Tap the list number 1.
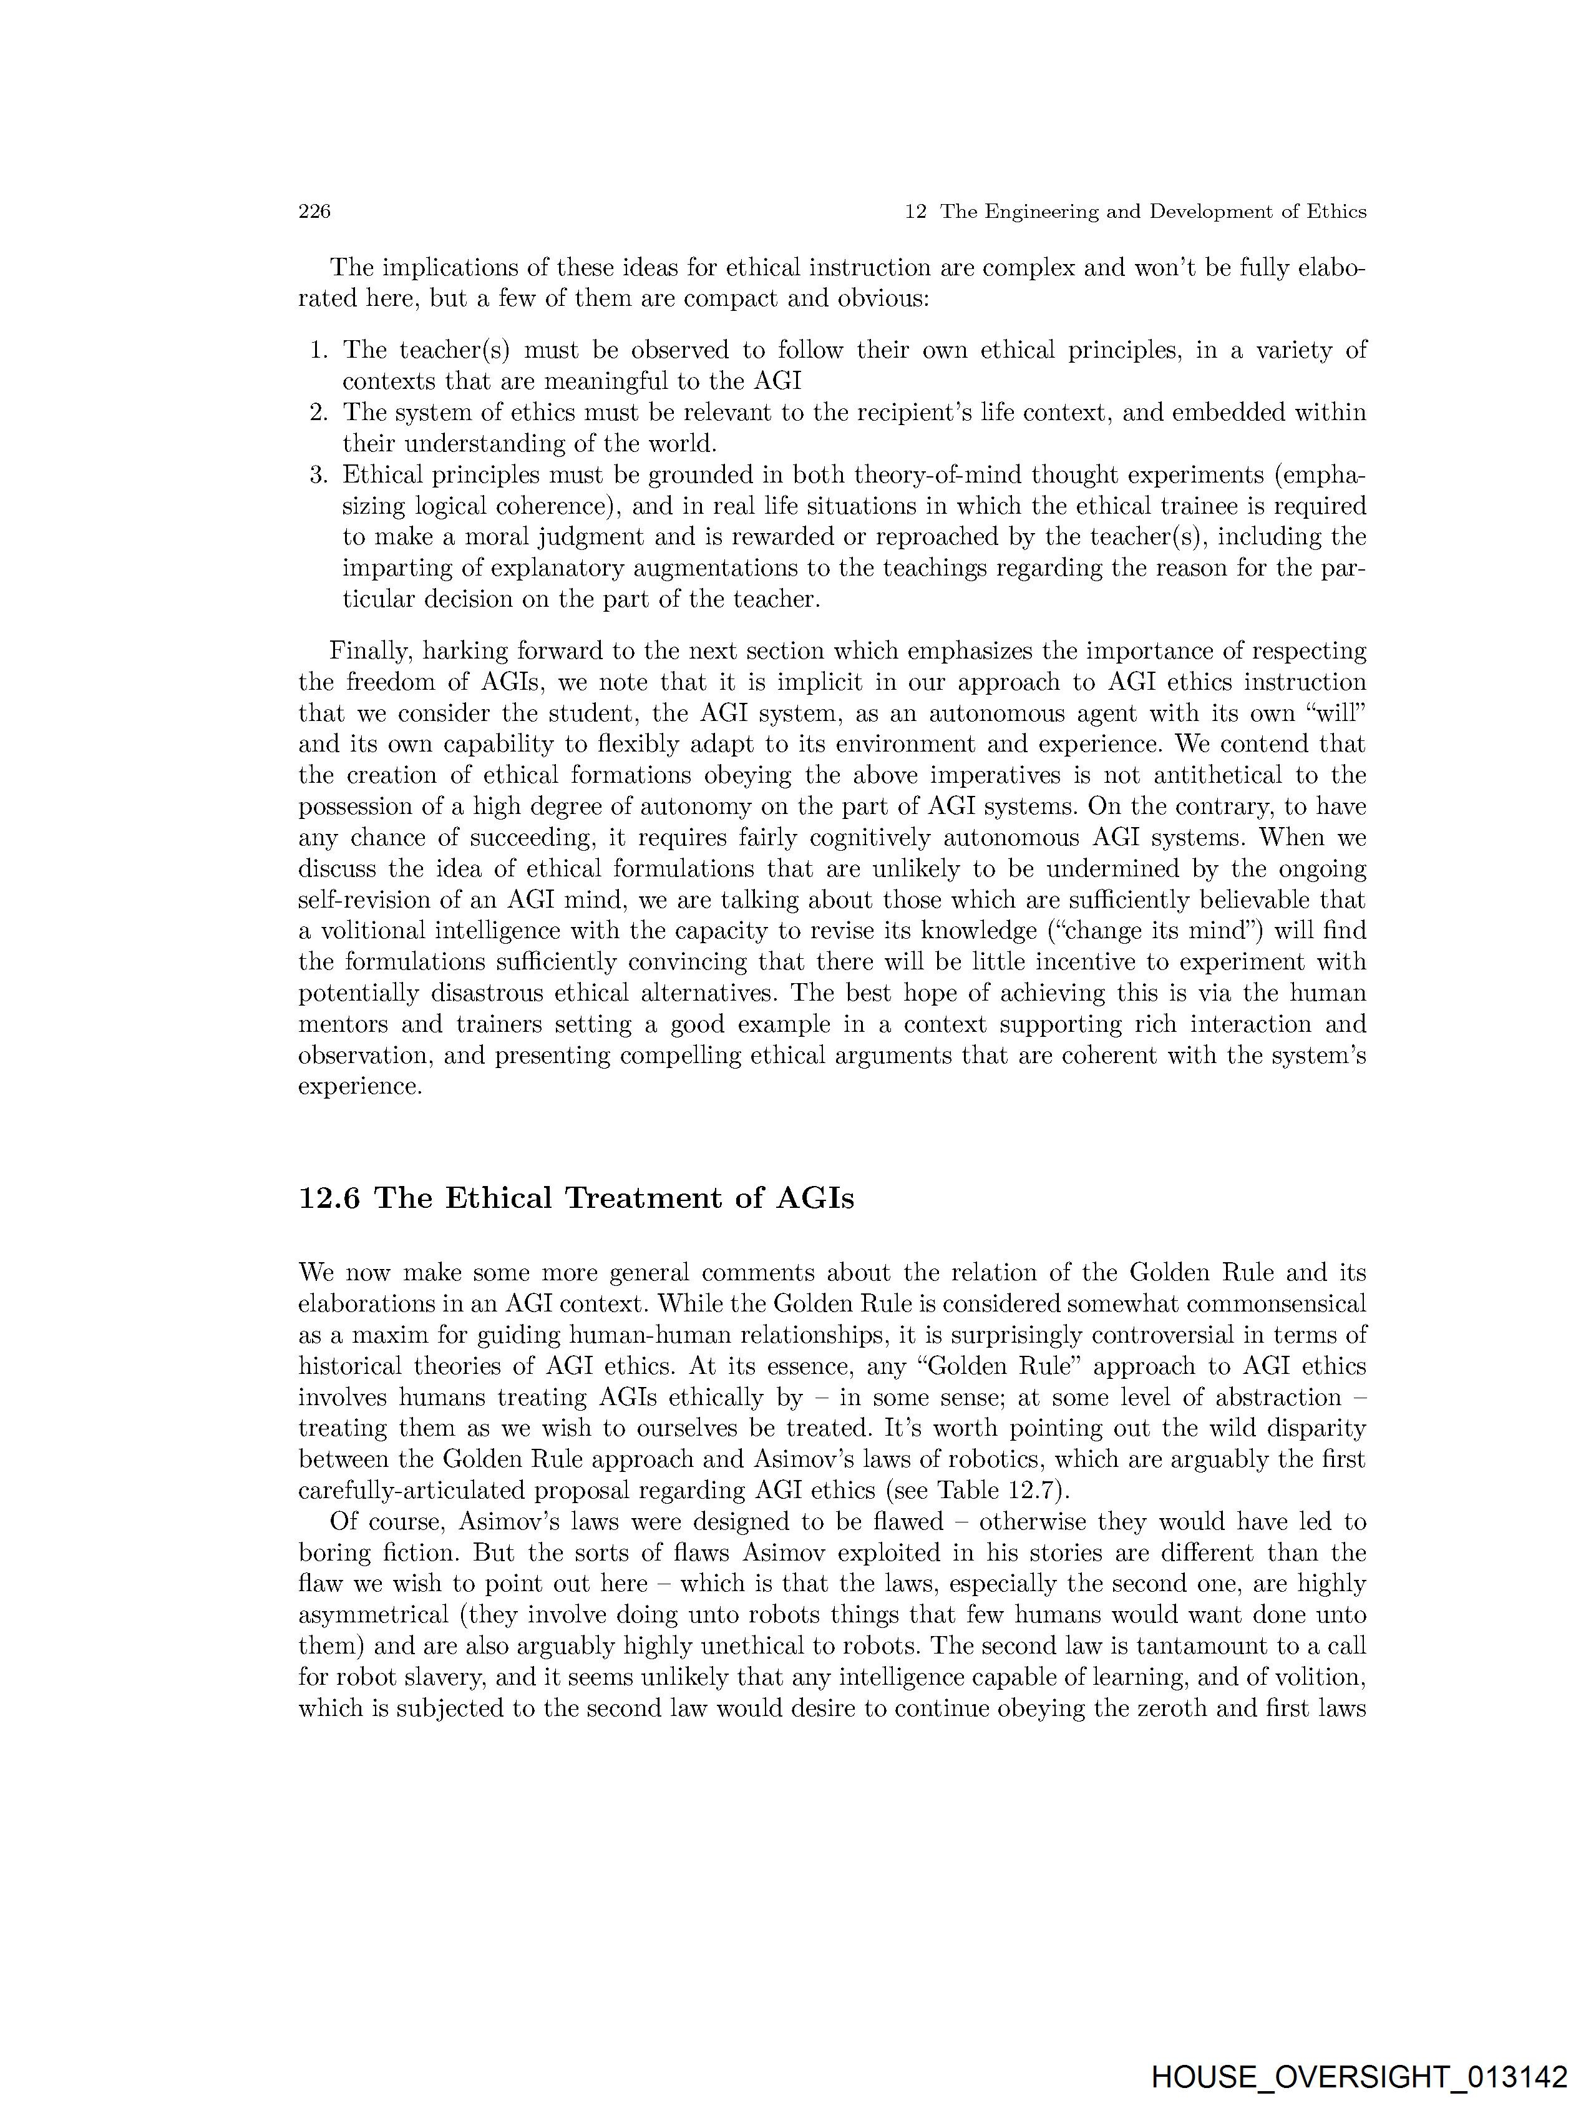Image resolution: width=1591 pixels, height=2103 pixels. [318, 351]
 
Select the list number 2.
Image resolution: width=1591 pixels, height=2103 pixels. [318, 413]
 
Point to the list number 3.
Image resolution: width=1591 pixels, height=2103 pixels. [318, 474]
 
